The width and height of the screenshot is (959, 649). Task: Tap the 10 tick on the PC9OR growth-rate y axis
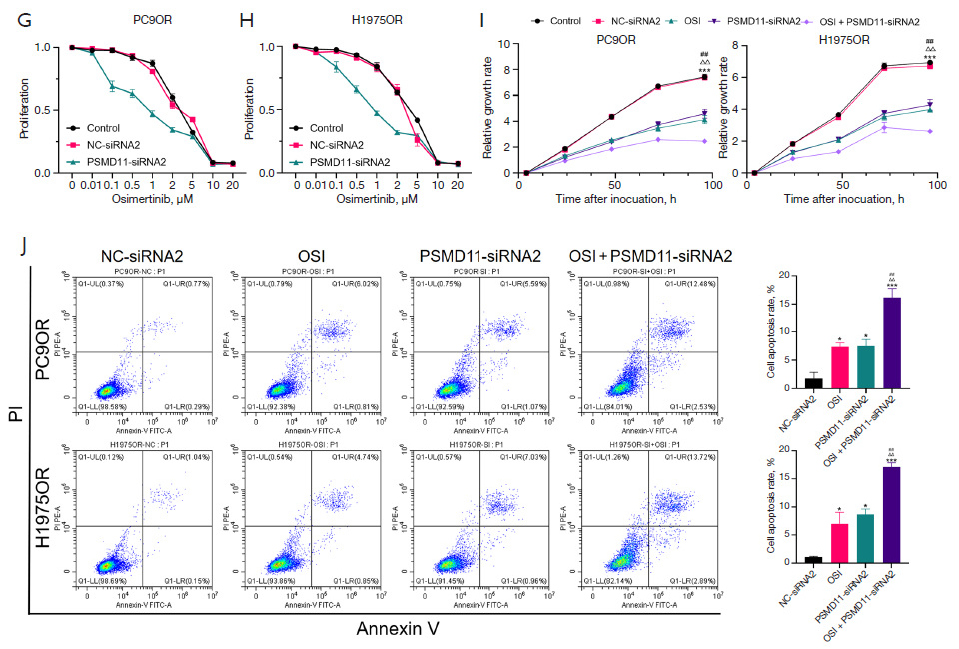tap(507, 44)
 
